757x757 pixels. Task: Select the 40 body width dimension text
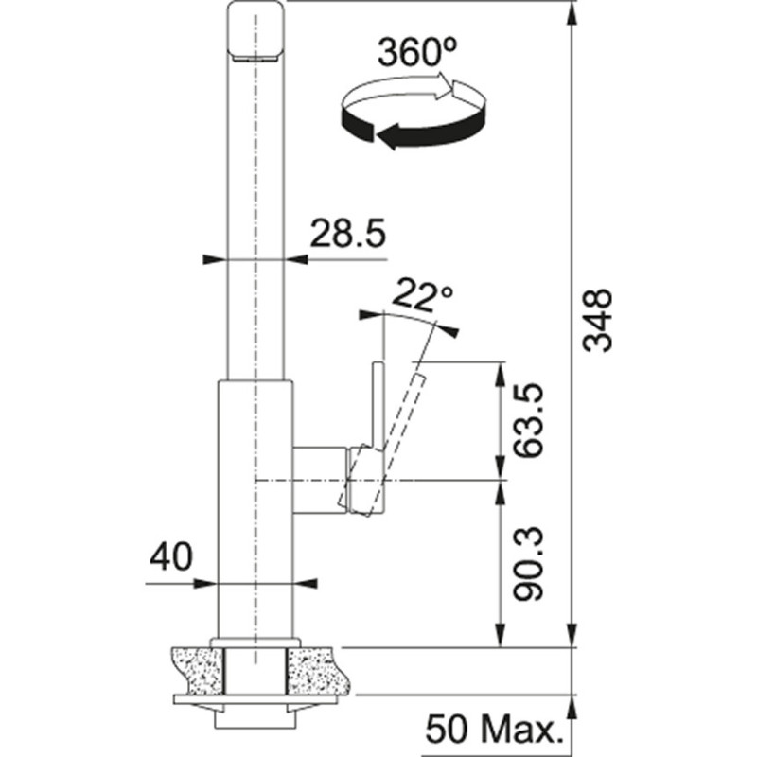tap(170, 555)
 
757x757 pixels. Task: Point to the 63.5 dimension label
tap(531, 419)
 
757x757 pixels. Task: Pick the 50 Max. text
tap(492, 730)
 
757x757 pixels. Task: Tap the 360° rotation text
tap(412, 54)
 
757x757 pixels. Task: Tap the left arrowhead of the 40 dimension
tap(209, 584)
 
